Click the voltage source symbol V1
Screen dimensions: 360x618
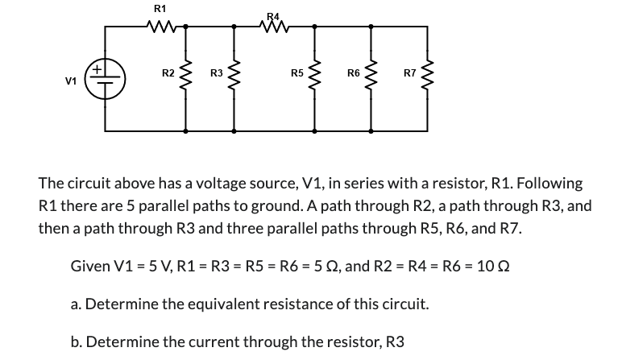(x=106, y=78)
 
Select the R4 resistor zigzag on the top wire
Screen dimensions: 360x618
(x=274, y=27)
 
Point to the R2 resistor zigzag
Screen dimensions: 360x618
(x=187, y=78)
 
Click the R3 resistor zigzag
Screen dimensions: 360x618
(x=234, y=78)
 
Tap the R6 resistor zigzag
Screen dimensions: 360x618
(x=371, y=78)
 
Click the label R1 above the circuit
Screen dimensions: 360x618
(x=160, y=8)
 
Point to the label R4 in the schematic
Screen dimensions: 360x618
(x=274, y=15)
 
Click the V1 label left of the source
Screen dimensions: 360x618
(x=72, y=81)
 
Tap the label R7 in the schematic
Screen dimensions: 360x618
(x=409, y=74)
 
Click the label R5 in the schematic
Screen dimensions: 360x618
(x=297, y=74)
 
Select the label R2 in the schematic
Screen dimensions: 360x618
(x=168, y=74)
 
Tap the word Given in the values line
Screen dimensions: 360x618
(x=90, y=266)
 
